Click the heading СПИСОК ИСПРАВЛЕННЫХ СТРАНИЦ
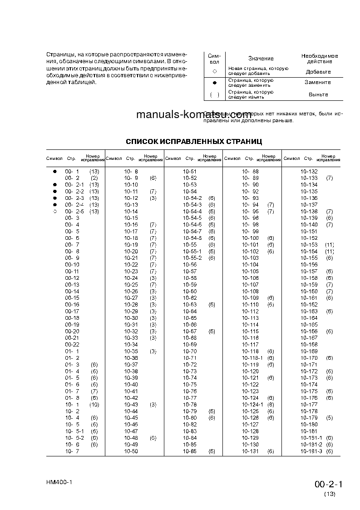194,142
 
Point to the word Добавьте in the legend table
318,72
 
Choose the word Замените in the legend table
318,83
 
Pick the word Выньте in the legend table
318,94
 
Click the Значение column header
261,59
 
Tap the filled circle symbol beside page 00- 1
54,171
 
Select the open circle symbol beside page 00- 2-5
54,212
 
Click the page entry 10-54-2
192,198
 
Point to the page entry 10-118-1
252,358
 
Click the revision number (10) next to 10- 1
94,405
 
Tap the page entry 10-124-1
252,405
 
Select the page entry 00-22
72,345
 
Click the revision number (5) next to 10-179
329,418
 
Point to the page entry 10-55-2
192,258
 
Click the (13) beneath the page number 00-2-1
330,494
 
